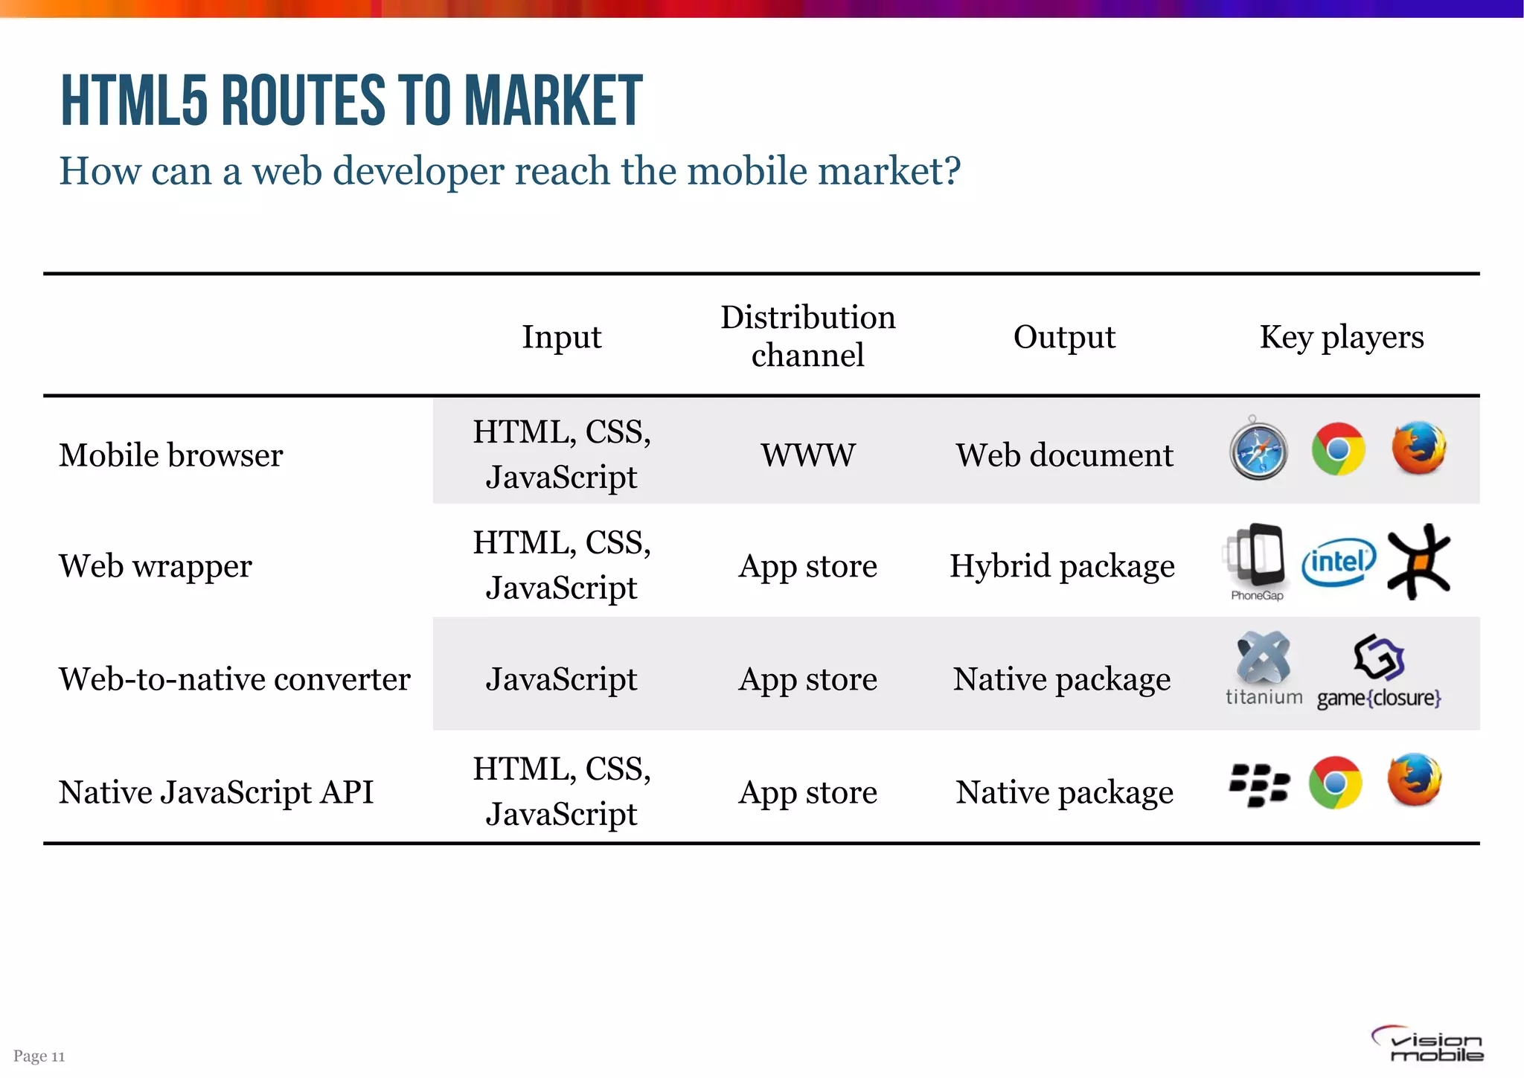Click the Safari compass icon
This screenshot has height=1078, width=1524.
(x=1258, y=451)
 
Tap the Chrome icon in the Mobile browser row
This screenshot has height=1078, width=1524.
(x=1338, y=449)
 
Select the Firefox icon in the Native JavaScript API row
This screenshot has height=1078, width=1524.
(x=1415, y=780)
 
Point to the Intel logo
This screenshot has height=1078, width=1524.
(x=1338, y=562)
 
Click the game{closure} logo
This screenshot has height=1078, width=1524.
(x=1379, y=672)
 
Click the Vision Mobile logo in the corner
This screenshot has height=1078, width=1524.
(x=1428, y=1045)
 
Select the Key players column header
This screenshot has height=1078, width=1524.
(x=1341, y=337)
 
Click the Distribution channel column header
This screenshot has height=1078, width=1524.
(x=807, y=336)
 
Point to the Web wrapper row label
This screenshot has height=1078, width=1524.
(x=156, y=566)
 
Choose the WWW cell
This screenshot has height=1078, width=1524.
(x=808, y=455)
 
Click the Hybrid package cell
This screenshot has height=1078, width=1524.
(x=1062, y=566)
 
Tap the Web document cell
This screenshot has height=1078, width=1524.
(x=1064, y=455)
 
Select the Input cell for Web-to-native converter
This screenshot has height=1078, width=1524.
(x=561, y=679)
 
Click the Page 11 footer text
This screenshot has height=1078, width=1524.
(x=39, y=1056)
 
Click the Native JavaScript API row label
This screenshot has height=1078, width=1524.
(x=216, y=792)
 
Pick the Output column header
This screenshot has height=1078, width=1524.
(x=1064, y=337)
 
